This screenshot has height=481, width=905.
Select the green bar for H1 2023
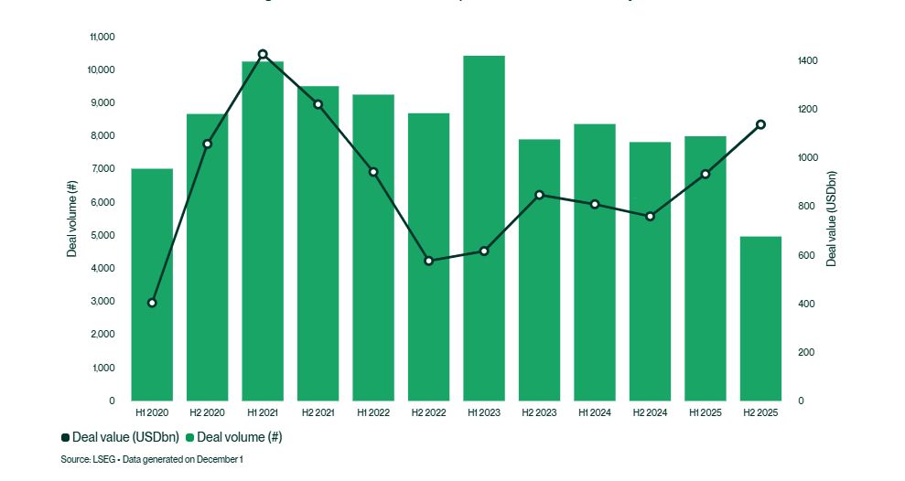click(484, 229)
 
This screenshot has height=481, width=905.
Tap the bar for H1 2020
click(152, 284)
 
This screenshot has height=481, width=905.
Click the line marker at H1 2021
click(263, 54)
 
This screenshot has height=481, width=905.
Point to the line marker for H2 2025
click(760, 124)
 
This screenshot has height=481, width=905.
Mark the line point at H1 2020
click(152, 303)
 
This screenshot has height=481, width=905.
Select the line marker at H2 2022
click(429, 261)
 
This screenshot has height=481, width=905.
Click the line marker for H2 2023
click(539, 195)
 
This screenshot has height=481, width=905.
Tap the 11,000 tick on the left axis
click(102, 37)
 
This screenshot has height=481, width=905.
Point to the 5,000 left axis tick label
click(102, 235)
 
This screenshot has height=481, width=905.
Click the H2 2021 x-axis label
click(318, 413)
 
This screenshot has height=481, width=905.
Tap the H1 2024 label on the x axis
click(595, 413)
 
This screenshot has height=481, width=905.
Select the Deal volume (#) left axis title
click(71, 219)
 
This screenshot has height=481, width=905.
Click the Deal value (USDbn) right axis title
click(832, 219)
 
